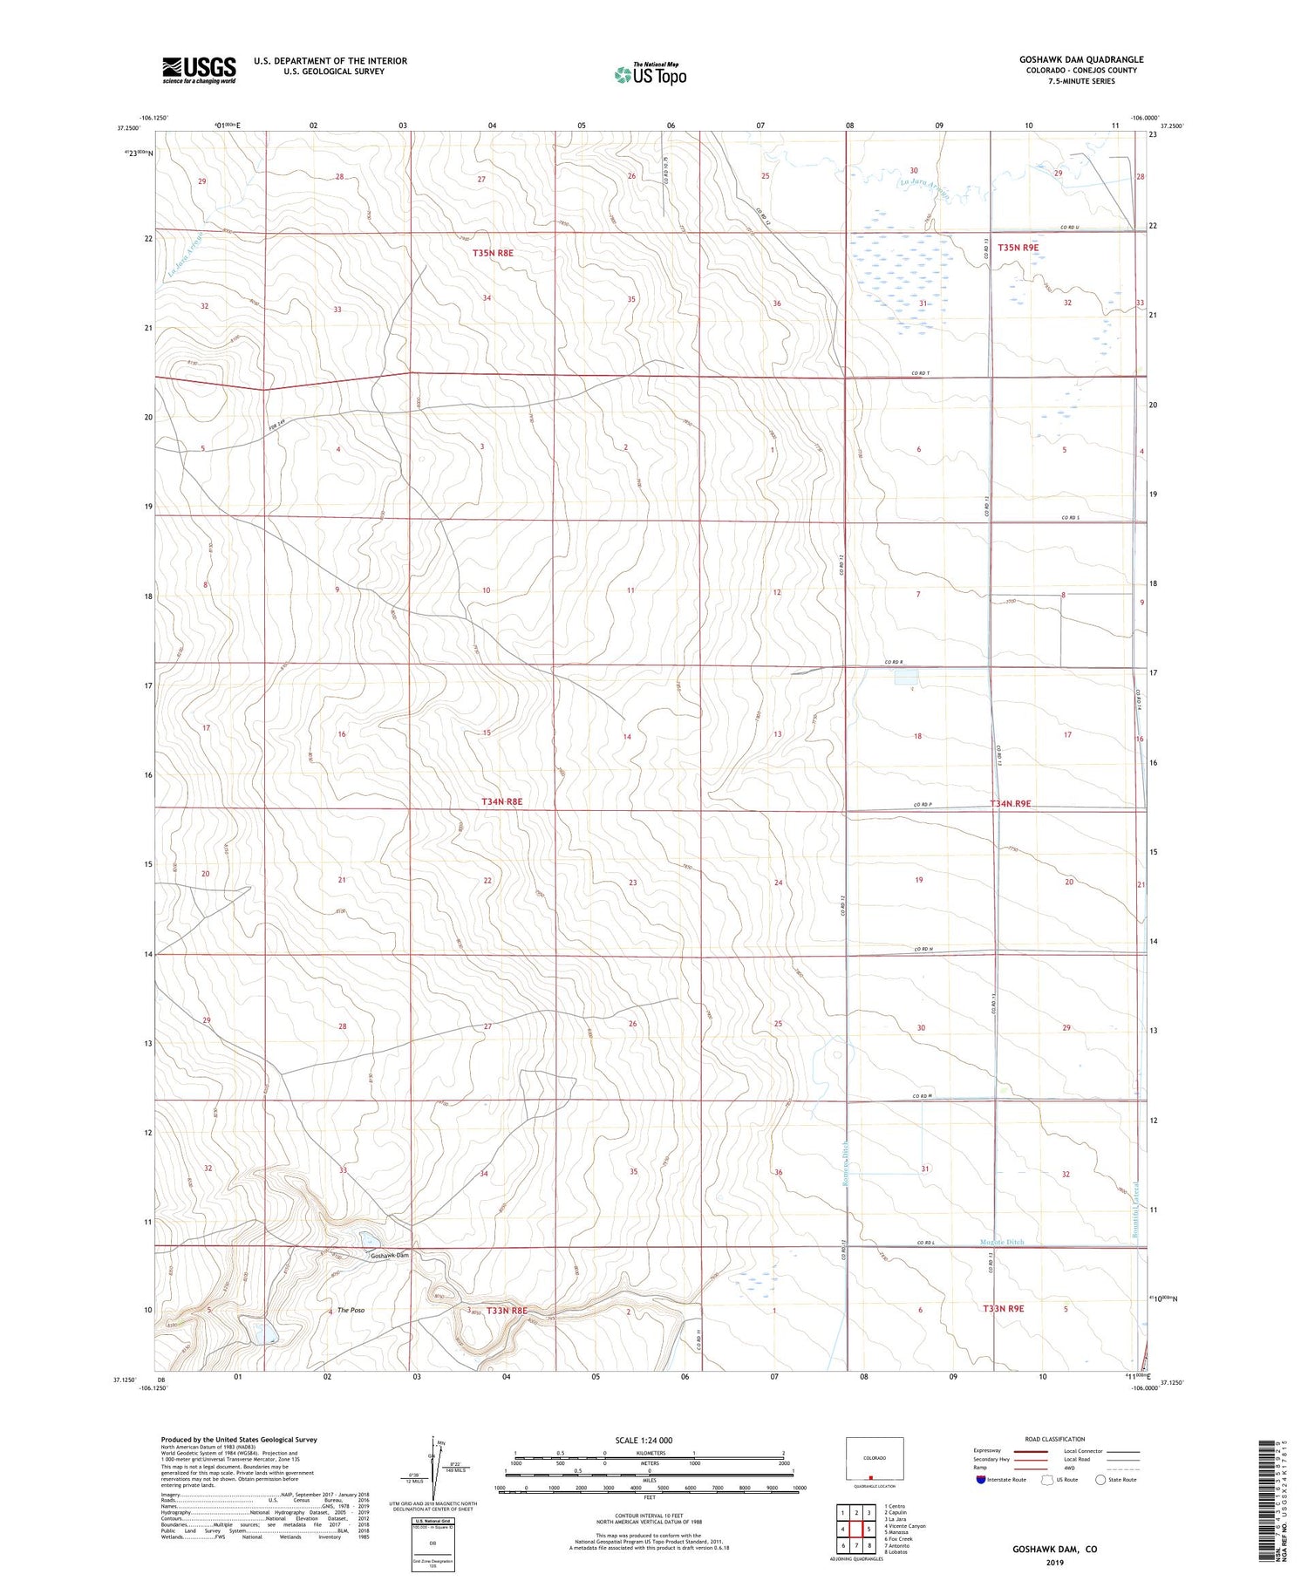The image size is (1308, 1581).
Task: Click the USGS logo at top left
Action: click(x=199, y=70)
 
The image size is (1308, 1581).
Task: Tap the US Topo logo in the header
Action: click(x=650, y=75)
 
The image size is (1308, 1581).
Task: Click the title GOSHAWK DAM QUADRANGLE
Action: click(x=1081, y=59)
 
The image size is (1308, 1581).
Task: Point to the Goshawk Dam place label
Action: click(x=389, y=1256)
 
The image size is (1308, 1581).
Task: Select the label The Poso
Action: click(x=351, y=1311)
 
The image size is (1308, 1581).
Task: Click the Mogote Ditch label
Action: click(x=1002, y=1242)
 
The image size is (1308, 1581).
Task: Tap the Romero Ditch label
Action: click(x=845, y=1165)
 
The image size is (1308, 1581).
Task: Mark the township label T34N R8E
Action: click(x=502, y=801)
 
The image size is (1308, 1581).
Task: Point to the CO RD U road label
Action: click(x=1071, y=228)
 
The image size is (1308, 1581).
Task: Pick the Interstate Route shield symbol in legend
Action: click(x=981, y=1480)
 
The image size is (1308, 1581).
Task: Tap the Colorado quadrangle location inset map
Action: click(x=875, y=1458)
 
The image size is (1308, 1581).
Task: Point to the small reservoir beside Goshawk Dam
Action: click(x=366, y=1239)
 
